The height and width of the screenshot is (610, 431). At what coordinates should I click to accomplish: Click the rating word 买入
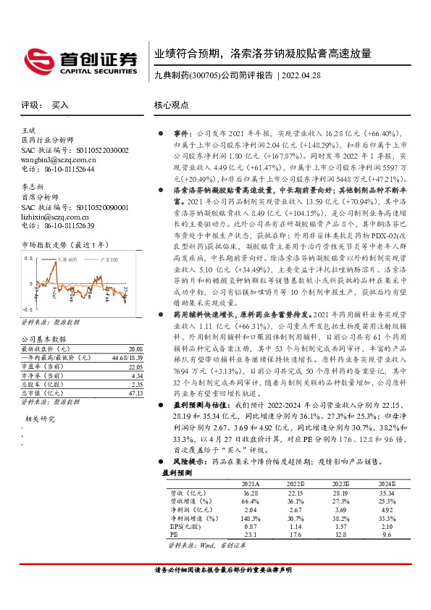click(x=60, y=105)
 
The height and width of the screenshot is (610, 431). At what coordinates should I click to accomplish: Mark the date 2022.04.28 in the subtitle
click(x=301, y=75)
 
